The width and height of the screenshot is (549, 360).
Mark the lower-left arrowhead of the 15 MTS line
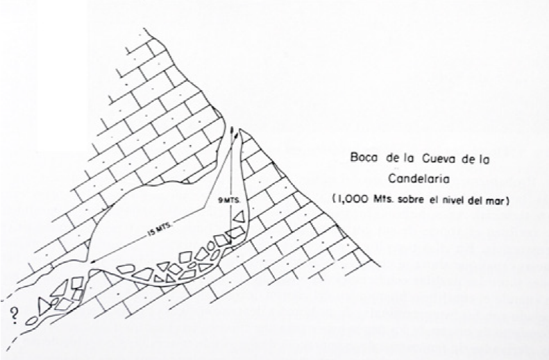(x=93, y=262)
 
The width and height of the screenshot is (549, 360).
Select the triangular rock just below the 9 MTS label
(x=238, y=217)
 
